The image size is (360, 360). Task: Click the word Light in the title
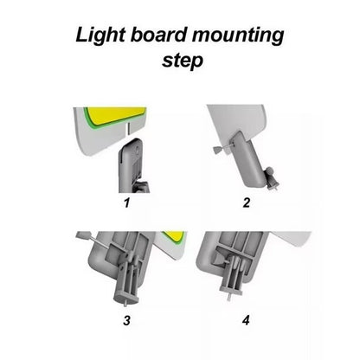tap(100, 36)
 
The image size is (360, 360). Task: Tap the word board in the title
tap(159, 35)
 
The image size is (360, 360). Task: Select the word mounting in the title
tap(238, 36)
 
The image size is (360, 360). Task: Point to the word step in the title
tap(183, 61)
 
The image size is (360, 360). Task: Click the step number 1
tap(127, 202)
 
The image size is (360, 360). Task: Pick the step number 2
tap(246, 202)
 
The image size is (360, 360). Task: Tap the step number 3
tap(126, 320)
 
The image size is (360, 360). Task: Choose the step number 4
tap(246, 320)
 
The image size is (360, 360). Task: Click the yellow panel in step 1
tap(115, 115)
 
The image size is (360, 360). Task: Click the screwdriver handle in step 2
tap(217, 149)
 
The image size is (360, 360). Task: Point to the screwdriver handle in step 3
tap(83, 236)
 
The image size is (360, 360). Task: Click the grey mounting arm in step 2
tap(248, 158)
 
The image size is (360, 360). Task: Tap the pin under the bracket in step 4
tap(228, 296)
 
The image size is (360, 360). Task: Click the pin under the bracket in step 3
tap(125, 303)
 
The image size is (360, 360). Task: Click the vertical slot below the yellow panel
tap(128, 129)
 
